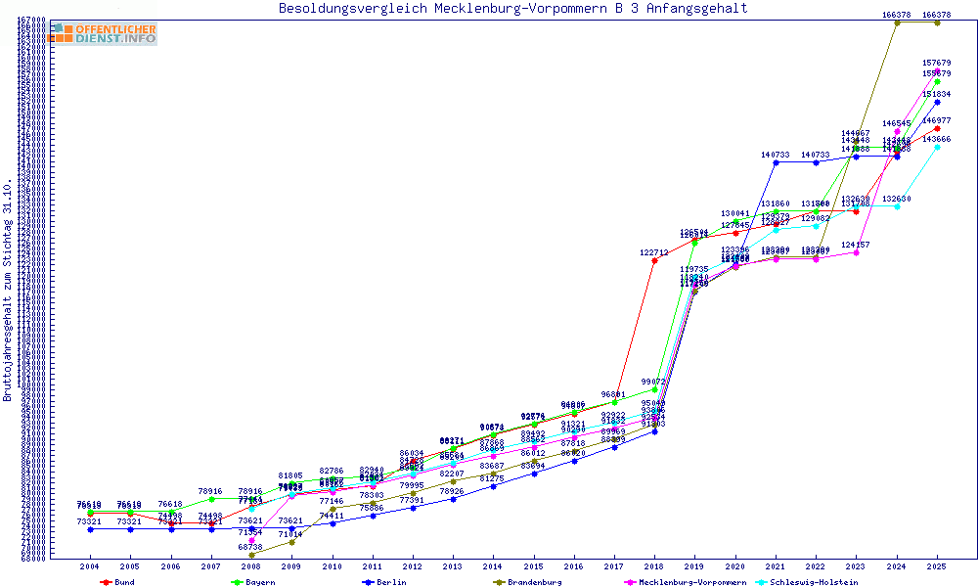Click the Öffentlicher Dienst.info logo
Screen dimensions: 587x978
point(103,33)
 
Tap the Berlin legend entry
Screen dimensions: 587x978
point(384,582)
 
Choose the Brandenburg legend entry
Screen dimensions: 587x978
point(528,582)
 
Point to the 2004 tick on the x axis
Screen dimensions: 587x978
point(90,566)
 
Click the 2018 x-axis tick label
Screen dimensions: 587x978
point(654,566)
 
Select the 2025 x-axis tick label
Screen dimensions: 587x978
point(937,566)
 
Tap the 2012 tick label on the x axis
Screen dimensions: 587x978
point(413,566)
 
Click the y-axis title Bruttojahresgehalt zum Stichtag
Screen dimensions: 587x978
point(8,290)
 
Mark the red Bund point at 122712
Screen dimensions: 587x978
point(654,260)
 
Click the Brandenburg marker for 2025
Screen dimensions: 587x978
point(937,23)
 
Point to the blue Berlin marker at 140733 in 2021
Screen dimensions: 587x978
point(776,162)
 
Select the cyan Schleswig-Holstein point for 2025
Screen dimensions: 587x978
point(937,147)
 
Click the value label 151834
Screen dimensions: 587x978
point(937,94)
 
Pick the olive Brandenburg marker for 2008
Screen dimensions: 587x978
point(252,555)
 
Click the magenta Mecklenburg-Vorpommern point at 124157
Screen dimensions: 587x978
point(856,252)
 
